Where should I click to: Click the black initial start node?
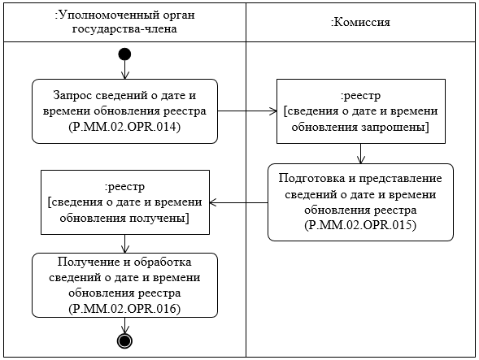pos(124,54)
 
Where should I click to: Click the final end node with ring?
pos(124,340)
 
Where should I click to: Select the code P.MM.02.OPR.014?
pos(125,128)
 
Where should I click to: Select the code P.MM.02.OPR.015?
pos(360,224)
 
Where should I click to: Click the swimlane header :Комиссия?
pos(360,22)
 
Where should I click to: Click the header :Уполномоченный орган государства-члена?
pos(124,22)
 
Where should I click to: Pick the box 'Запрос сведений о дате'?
pos(125,109)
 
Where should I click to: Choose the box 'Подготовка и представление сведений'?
pos(360,202)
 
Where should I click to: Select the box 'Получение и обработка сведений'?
pos(125,284)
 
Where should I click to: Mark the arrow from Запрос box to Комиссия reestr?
pos(247,109)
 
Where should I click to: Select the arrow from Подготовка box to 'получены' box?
pos(239,202)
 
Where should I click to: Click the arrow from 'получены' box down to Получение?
pos(124,243)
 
